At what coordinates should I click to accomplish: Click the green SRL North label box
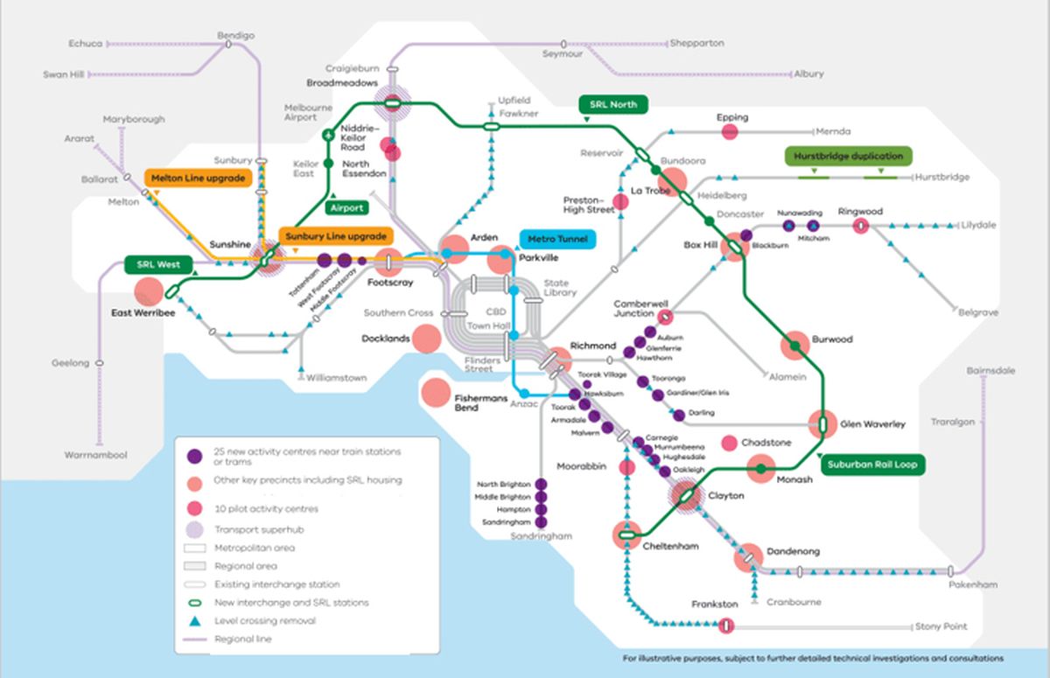click(612, 104)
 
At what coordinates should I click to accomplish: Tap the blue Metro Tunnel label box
click(557, 238)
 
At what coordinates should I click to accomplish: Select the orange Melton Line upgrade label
click(197, 178)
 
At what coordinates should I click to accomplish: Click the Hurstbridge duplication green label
click(847, 156)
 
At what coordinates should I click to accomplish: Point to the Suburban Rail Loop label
click(871, 465)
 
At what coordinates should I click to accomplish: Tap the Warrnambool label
click(95, 455)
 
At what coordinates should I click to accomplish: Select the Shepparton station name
click(697, 42)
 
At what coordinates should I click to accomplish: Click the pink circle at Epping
click(730, 131)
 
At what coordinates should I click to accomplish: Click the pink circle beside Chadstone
click(728, 444)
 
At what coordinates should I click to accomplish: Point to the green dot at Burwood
click(795, 346)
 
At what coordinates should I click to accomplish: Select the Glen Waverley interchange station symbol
click(822, 424)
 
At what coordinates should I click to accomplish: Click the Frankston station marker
click(725, 626)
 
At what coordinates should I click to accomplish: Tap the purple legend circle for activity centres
click(195, 455)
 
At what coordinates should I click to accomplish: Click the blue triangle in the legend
click(195, 620)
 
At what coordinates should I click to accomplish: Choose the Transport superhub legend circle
click(195, 528)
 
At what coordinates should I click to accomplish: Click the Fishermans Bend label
click(479, 402)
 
